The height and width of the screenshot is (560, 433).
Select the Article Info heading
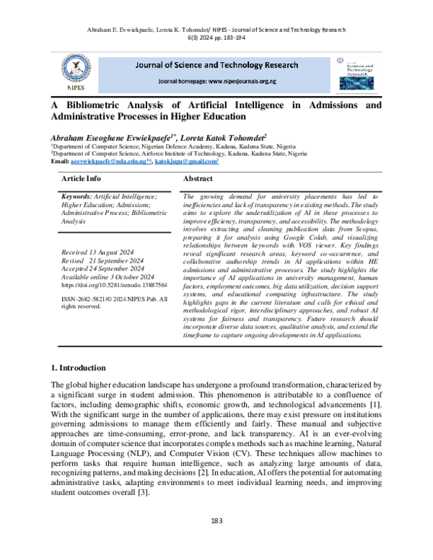(82, 178)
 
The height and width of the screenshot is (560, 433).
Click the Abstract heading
(198, 178)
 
